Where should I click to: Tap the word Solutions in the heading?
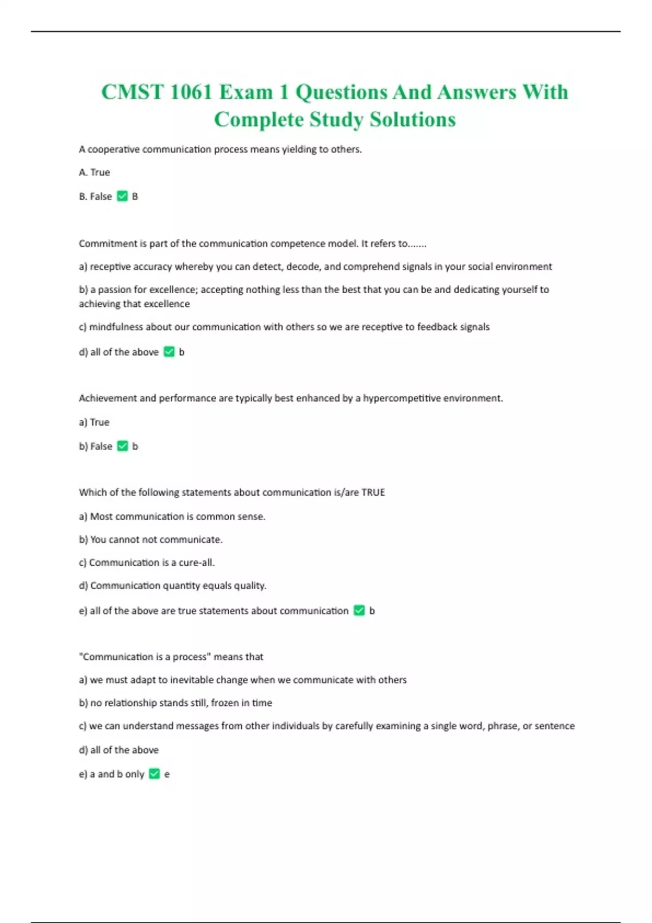coord(412,119)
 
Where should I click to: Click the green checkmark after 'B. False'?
coord(122,196)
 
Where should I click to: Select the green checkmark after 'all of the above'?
coord(169,352)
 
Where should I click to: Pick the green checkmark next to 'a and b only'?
coord(154,774)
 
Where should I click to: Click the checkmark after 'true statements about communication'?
coord(359,610)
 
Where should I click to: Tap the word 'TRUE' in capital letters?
coord(373,492)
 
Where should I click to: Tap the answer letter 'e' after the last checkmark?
coord(167,774)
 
